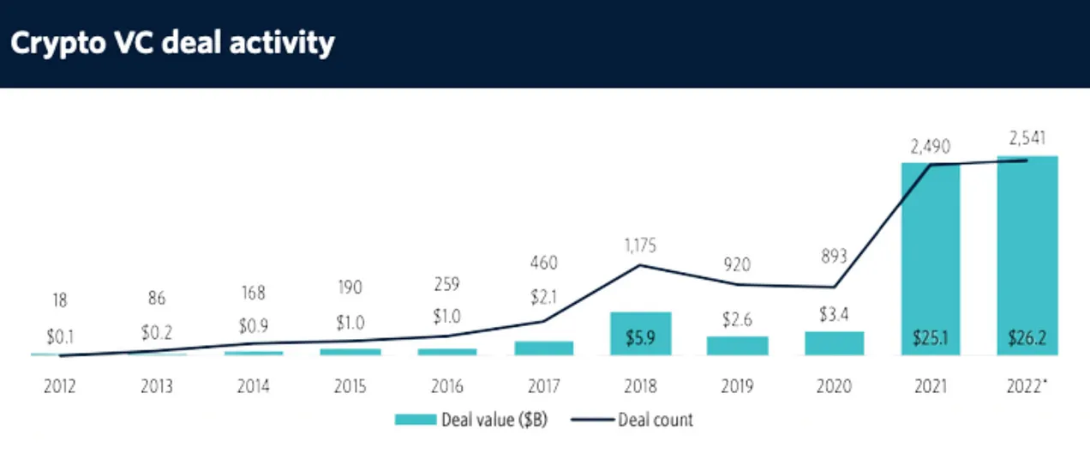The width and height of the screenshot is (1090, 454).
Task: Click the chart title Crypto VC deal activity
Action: click(172, 43)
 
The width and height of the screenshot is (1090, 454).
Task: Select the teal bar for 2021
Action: click(931, 257)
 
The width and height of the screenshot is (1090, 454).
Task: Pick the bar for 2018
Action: click(640, 333)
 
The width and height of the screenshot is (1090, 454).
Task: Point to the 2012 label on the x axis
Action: click(59, 386)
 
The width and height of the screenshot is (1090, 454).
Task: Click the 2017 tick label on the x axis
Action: click(543, 386)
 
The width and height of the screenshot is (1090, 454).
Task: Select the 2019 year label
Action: click(737, 386)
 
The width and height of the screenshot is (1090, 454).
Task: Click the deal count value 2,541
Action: click(1027, 137)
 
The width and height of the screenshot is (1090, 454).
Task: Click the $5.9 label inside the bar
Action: click(640, 337)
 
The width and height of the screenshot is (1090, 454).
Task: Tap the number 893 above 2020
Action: click(834, 255)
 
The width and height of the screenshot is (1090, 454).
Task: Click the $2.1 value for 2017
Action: click(543, 297)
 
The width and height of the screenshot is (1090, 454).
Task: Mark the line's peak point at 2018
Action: click(640, 265)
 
